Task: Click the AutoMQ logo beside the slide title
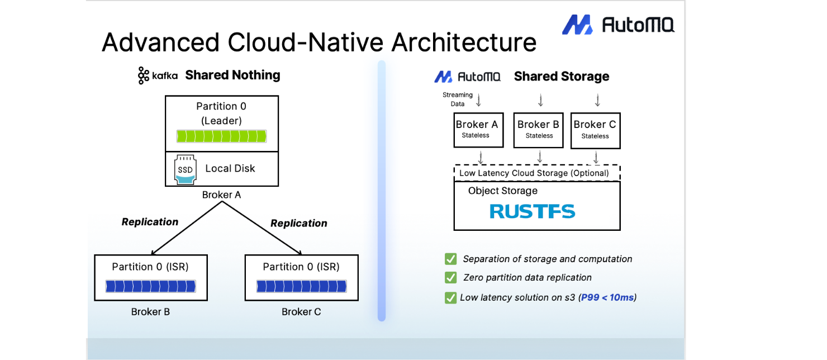click(618, 25)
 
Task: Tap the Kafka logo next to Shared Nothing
click(158, 75)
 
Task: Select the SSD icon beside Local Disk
click(185, 169)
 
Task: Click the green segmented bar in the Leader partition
click(221, 136)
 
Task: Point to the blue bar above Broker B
click(151, 286)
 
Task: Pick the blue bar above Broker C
click(301, 286)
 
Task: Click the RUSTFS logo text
click(532, 211)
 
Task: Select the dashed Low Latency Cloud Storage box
click(537, 173)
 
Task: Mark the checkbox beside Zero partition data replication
click(450, 277)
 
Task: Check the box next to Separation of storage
click(450, 259)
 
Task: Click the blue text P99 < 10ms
click(607, 297)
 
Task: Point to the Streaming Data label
click(457, 99)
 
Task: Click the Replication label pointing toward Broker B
click(150, 222)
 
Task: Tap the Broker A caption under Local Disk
click(221, 195)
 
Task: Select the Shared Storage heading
click(561, 77)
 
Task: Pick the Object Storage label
click(503, 191)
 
